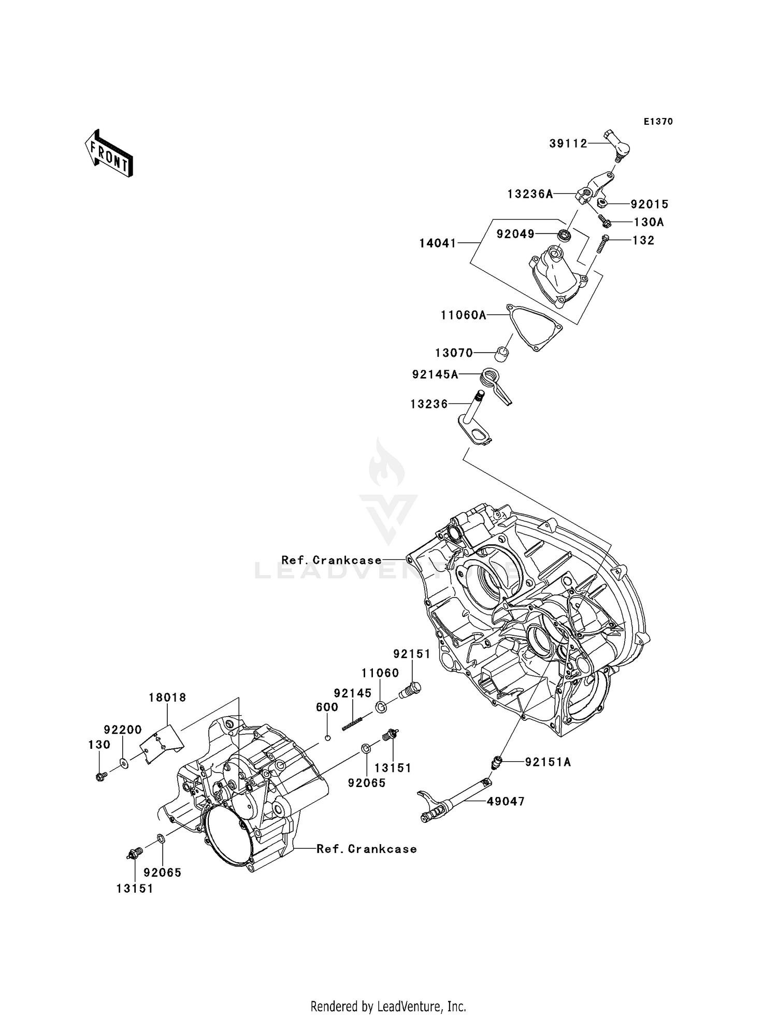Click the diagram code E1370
[x=658, y=122]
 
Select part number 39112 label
[x=568, y=143]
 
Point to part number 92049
[x=515, y=234]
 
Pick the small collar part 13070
[x=501, y=355]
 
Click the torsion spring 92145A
[x=495, y=385]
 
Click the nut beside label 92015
[x=602, y=202]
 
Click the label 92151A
[x=548, y=762]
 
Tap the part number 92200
[x=122, y=730]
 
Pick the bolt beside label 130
[x=101, y=776]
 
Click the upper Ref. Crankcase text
[x=331, y=560]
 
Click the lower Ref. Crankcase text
[x=366, y=849]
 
